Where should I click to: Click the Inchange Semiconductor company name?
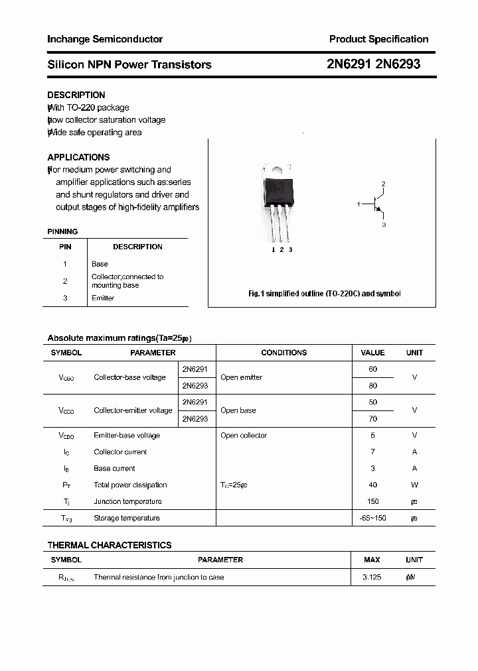(105, 39)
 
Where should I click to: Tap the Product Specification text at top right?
(378, 39)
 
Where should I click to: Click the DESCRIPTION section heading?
(76, 95)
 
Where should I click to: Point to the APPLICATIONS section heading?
(78, 157)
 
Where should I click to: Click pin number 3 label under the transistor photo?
(290, 249)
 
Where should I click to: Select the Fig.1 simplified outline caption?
(324, 293)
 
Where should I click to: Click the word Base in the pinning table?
(100, 264)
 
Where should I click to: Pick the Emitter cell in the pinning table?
(103, 298)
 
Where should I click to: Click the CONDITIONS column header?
(283, 353)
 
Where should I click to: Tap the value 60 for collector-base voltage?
(372, 369)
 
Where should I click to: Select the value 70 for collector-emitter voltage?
(372, 419)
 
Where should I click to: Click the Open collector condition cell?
(244, 436)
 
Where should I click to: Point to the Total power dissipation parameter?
(130, 485)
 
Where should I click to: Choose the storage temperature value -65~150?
(372, 518)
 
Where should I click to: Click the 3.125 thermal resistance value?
(372, 578)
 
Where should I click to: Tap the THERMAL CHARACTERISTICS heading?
(110, 545)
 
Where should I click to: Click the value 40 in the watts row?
(372, 485)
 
